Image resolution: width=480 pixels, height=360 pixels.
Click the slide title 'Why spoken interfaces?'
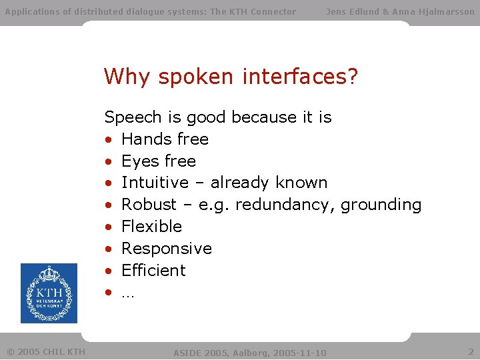click(x=231, y=77)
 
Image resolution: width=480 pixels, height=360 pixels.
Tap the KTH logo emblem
click(x=49, y=294)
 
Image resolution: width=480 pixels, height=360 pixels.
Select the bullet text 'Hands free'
click(x=165, y=139)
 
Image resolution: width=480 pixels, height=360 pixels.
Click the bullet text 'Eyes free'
click(x=158, y=161)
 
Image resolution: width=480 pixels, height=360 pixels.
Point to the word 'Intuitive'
click(x=155, y=183)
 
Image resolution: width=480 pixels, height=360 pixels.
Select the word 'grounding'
click(x=381, y=205)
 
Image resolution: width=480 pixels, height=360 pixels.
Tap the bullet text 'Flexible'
click(x=151, y=227)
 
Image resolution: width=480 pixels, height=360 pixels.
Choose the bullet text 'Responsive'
click(x=166, y=249)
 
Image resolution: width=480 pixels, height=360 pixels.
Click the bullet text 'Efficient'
click(x=153, y=271)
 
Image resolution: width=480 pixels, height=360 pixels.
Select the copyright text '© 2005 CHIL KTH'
click(x=45, y=351)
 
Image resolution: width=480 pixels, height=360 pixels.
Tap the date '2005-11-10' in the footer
click(x=301, y=352)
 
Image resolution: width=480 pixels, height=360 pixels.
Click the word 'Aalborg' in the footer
click(x=250, y=352)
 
